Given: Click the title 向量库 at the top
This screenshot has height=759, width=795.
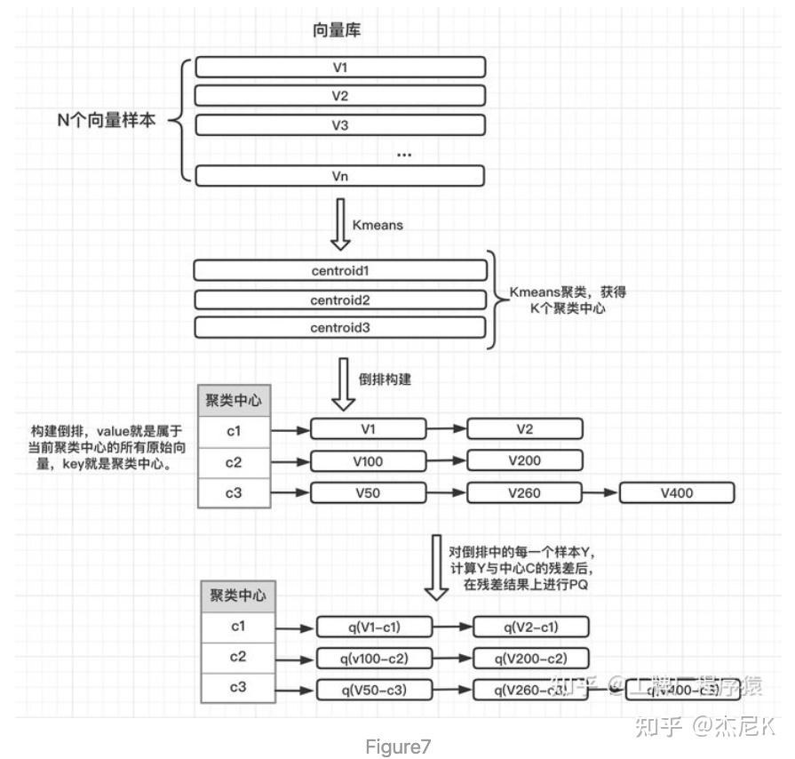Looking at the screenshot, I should (337, 30).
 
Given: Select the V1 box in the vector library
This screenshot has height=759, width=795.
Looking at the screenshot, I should (340, 67).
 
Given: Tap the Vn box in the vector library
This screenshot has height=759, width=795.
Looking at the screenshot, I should (340, 175).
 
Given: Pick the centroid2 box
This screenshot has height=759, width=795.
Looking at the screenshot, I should (340, 300).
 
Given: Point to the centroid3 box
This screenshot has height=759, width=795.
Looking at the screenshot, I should (340, 329).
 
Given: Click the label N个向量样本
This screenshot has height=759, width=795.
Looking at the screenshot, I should (106, 121).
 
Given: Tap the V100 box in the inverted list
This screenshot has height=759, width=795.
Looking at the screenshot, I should (368, 460).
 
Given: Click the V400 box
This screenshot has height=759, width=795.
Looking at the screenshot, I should (677, 492).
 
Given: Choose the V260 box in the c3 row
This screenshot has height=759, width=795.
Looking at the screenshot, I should (525, 492).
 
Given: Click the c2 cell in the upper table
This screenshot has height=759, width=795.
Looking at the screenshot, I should (234, 461).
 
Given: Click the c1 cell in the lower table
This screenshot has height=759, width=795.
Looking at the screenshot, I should (238, 627).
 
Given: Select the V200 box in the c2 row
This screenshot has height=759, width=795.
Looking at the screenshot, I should (525, 460).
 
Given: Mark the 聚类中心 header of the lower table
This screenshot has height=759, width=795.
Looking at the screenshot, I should (237, 595).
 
